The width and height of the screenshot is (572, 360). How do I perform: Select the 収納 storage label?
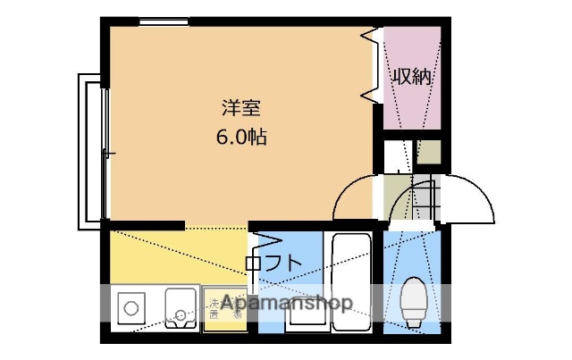(x=413, y=77)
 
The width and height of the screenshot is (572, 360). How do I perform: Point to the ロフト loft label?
(x=272, y=263)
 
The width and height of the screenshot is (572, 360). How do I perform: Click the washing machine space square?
(x=224, y=309)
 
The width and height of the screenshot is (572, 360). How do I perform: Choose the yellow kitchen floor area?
(x=170, y=255)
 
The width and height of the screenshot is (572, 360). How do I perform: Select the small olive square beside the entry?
(x=428, y=153)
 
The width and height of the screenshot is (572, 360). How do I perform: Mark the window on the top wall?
(x=164, y=22)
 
